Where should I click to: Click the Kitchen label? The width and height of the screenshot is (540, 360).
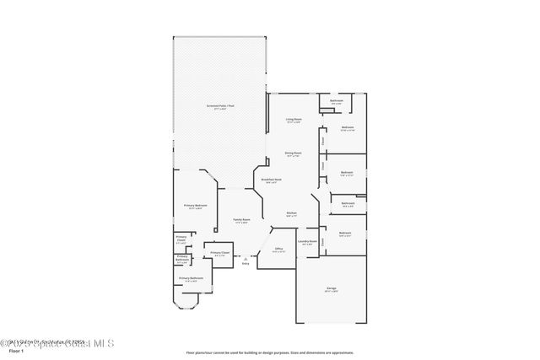point(291,214)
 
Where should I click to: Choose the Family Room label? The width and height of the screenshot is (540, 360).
point(241,221)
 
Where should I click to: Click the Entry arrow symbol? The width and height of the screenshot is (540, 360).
point(246,258)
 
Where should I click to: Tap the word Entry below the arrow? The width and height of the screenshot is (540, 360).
point(246,264)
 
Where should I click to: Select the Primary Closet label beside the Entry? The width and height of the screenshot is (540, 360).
point(219,253)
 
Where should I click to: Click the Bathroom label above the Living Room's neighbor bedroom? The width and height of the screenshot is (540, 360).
point(336,101)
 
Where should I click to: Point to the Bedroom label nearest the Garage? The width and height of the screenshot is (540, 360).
point(345,234)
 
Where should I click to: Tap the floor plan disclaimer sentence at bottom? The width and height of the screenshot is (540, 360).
point(269,353)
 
